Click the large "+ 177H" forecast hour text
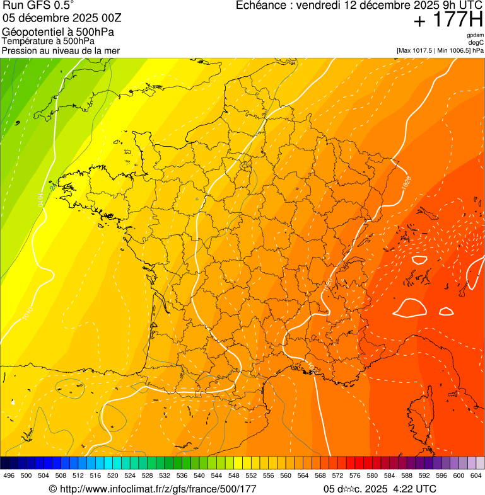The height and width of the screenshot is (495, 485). [x=448, y=21]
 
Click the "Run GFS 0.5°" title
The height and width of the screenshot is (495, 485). [x=38, y=6]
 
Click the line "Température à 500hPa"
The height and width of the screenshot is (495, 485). [x=49, y=41]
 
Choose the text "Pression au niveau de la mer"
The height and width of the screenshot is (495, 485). [x=61, y=50]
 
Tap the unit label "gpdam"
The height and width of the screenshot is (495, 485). [x=475, y=35]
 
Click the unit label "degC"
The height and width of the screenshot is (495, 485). [x=477, y=42]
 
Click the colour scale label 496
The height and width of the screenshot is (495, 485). [x=9, y=475]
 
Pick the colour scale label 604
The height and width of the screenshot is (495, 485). [x=476, y=475]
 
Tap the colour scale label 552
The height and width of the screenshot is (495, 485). [x=251, y=475]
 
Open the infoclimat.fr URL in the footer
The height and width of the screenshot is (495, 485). [x=153, y=489]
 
